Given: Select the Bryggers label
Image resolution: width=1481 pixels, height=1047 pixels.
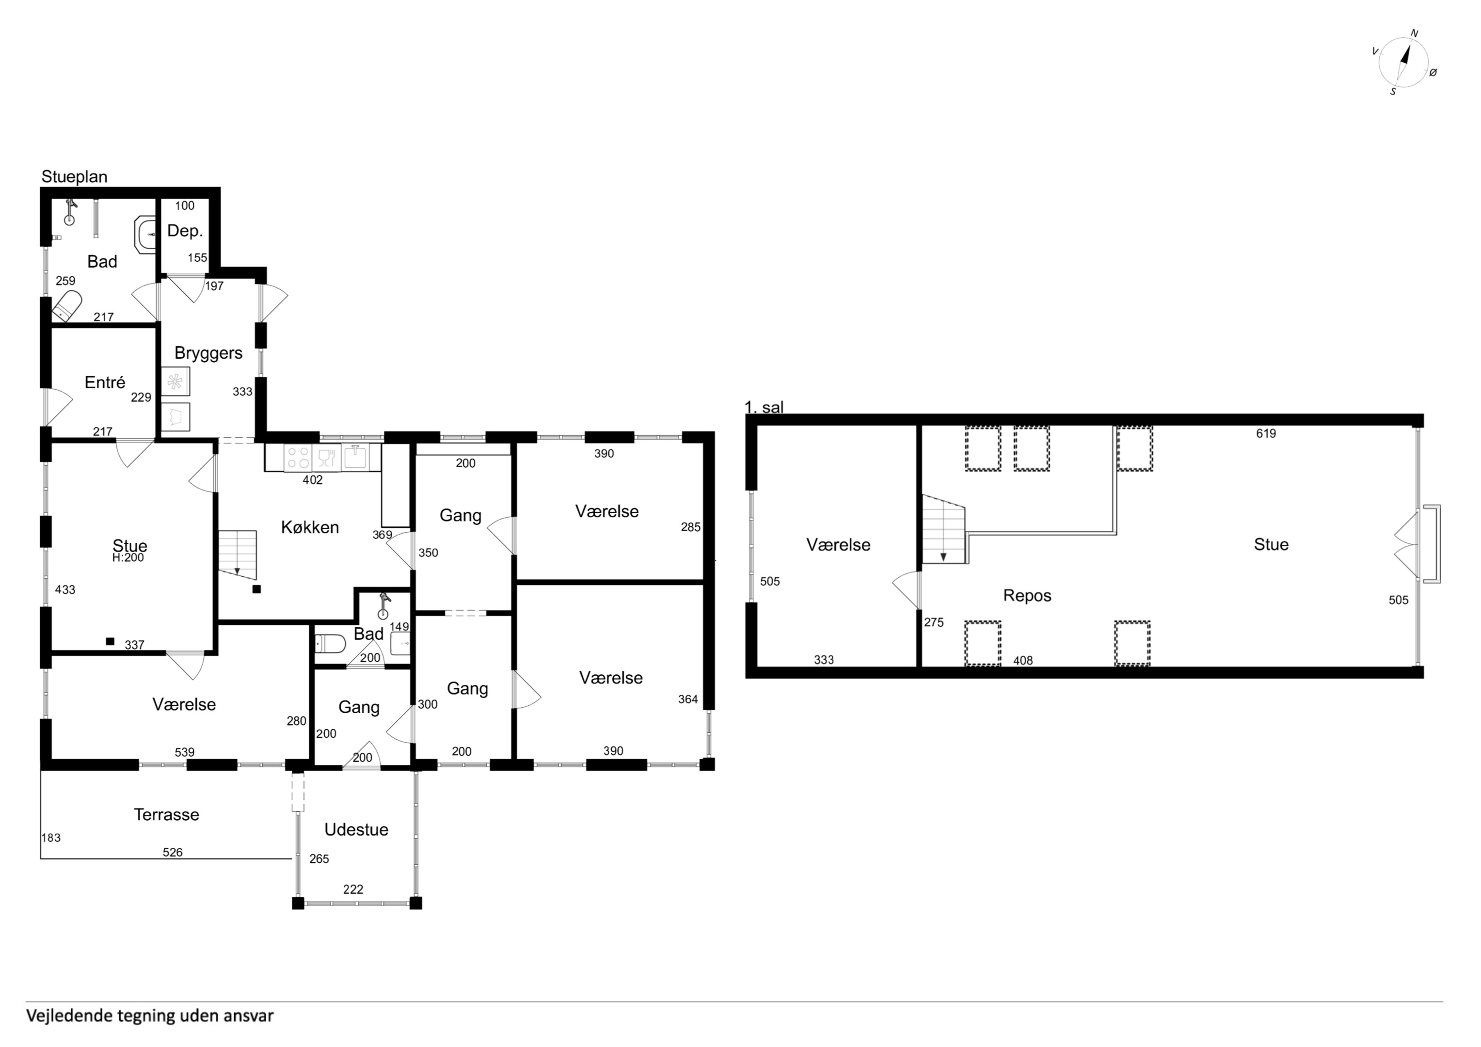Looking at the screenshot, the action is click(x=208, y=353).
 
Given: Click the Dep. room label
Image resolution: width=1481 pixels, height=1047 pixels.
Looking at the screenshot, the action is click(x=185, y=231).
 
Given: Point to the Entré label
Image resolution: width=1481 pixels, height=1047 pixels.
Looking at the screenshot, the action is click(x=105, y=382).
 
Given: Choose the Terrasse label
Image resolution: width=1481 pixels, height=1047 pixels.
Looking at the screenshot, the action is click(x=166, y=814).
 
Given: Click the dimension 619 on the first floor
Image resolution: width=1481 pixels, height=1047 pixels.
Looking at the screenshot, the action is click(x=1266, y=433).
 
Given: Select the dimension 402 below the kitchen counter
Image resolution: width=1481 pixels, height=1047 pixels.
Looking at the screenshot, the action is click(x=312, y=480).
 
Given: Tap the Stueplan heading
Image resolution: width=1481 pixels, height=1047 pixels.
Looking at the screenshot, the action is click(x=74, y=177).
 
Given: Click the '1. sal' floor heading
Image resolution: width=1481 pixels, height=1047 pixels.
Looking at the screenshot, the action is click(x=764, y=407).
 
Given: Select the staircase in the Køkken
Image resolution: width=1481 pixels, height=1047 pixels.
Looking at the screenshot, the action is click(x=238, y=555).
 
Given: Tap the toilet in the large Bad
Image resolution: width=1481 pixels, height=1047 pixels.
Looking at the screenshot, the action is click(x=66, y=306).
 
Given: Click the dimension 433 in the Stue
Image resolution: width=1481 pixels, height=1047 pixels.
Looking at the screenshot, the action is click(x=65, y=589).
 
